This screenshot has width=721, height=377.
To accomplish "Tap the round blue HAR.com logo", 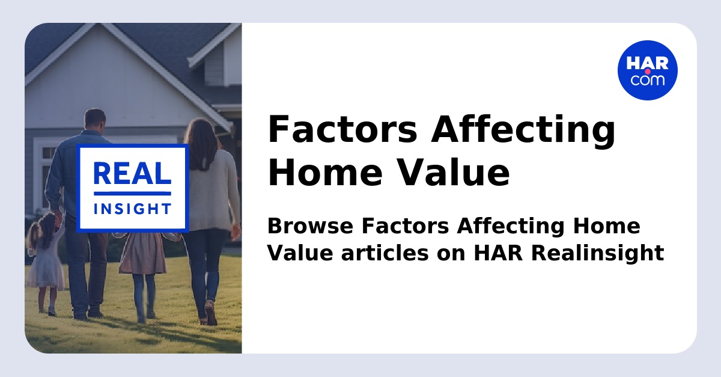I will [647, 70].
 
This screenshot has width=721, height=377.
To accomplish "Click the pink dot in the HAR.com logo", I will [648, 72].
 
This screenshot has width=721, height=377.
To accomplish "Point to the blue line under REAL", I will [132, 193].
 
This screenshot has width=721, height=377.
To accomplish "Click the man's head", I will [94, 120].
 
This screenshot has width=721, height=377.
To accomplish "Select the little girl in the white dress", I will [46, 259].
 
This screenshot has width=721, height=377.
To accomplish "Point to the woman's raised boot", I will [210, 313].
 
